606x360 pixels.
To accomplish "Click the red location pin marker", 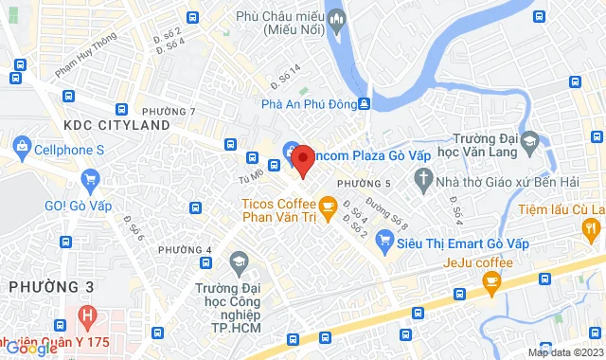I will pyautogui.click(x=302, y=159).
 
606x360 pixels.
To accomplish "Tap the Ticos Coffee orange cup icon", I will pyautogui.click(x=328, y=207).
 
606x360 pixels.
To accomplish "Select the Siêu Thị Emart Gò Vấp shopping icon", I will pyautogui.click(x=384, y=243).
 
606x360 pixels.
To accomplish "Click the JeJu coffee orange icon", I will pyautogui.click(x=491, y=280).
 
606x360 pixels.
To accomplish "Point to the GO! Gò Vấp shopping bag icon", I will pyautogui.click(x=91, y=178).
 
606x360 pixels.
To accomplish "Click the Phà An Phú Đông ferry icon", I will pyautogui.click(x=365, y=104).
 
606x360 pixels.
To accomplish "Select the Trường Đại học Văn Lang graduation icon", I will pyautogui.click(x=530, y=143).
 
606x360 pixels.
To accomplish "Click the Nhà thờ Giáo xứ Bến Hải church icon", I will pyautogui.click(x=423, y=179).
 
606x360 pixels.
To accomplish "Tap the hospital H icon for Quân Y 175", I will pyautogui.click(x=87, y=314).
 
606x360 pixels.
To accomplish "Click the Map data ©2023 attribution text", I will pyautogui.click(x=564, y=352).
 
